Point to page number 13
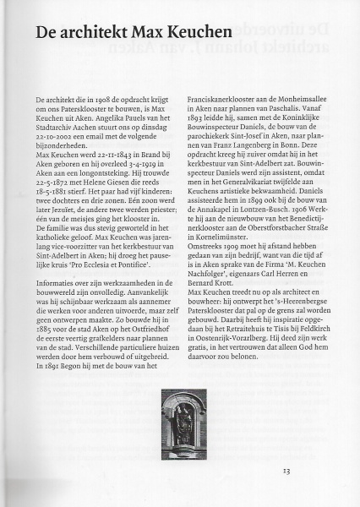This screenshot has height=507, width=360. click(287, 471)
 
